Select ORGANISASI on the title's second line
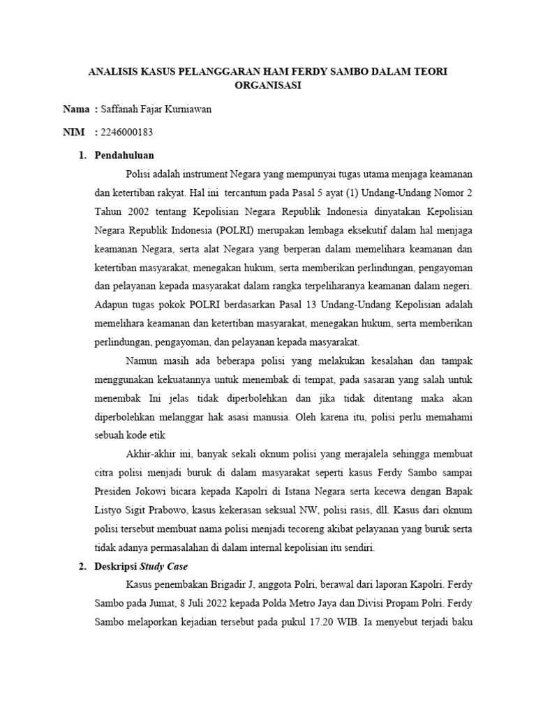tap(268, 86)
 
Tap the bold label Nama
tap(76, 109)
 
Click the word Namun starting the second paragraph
tap(142, 360)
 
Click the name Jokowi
tap(158, 492)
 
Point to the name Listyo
tap(109, 510)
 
